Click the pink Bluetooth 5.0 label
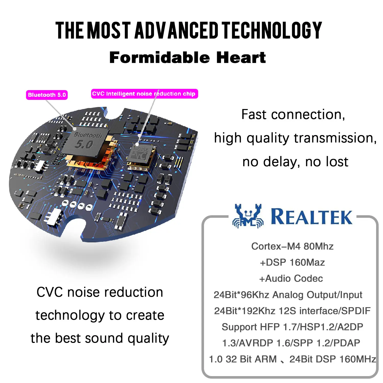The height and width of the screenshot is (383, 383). pos(47,95)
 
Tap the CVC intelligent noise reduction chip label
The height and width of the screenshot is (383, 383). pos(145,94)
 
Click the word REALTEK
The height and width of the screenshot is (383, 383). pos(312,217)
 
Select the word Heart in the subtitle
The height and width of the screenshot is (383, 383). pos(241,57)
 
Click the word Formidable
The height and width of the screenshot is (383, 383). pos(160,57)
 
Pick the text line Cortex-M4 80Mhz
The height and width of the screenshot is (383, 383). pos(292,246)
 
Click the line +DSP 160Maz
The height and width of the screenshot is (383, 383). pos(292,262)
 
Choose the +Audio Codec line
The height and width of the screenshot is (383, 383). pos(291,278)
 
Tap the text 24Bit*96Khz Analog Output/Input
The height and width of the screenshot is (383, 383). pos(288,295)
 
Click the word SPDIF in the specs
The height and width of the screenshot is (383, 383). pos(356,311)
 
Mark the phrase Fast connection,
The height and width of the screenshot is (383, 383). pos(293,114)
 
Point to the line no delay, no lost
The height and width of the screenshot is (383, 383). pos(295,162)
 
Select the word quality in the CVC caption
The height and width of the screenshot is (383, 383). pos(148,339)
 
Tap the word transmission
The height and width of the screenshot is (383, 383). pos(335,138)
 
